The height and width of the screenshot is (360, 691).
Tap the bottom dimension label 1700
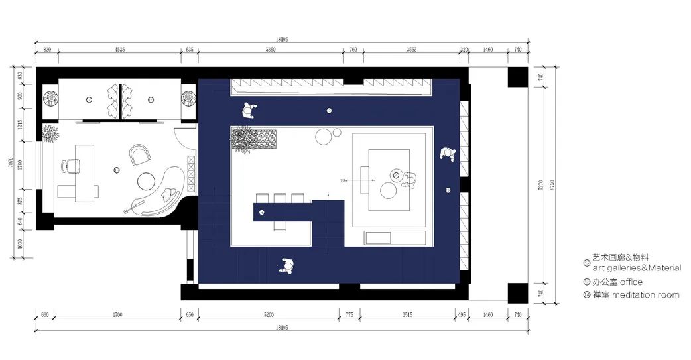[118, 315]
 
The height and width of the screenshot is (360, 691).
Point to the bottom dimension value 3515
[407, 315]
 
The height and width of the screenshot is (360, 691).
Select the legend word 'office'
[631, 282]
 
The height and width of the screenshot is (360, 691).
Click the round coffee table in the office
[146, 181]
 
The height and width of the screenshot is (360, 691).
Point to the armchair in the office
[141, 155]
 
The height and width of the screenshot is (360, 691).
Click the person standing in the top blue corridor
[249, 110]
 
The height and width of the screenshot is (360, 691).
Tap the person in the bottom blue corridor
[287, 266]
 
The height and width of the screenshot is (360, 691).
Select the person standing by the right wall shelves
[447, 154]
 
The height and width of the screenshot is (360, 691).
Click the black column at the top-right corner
[517, 77]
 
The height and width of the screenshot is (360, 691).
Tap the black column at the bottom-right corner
[517, 292]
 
